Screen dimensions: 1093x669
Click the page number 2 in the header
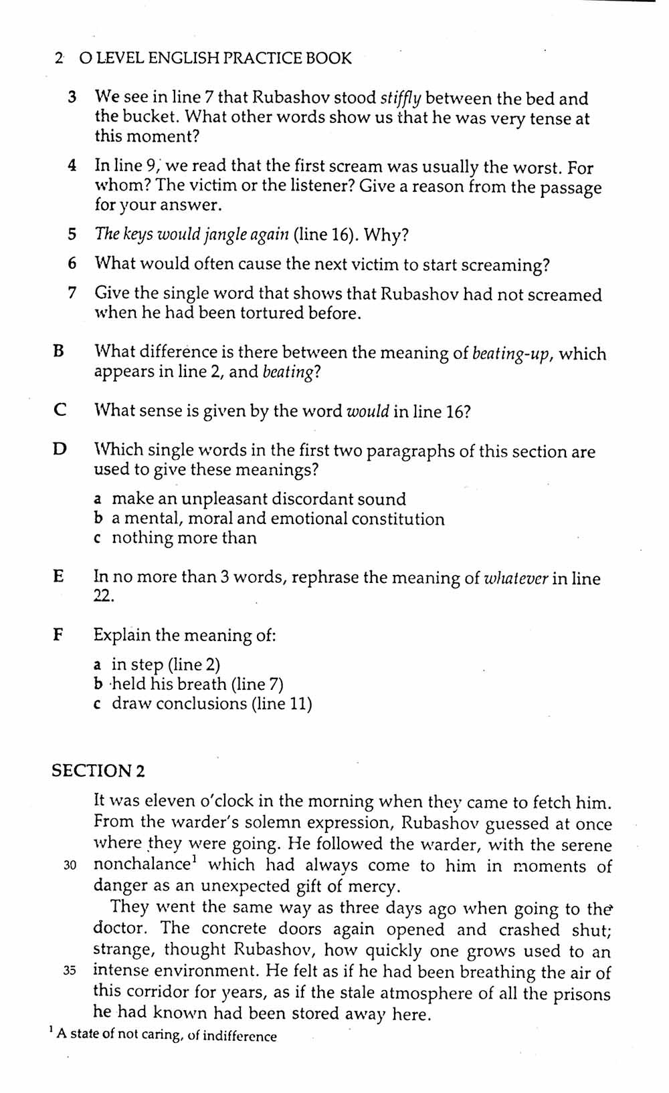click(60, 59)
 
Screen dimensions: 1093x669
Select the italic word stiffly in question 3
click(400, 99)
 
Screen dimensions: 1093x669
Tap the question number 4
click(72, 166)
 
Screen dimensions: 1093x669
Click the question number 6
click(72, 263)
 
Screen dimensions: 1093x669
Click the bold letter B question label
click(59, 352)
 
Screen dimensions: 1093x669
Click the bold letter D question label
click(60, 449)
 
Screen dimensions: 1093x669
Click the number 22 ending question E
click(103, 597)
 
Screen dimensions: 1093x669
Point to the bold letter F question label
click(58, 634)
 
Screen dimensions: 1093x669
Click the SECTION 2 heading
click(98, 771)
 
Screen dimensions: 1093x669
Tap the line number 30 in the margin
click(70, 866)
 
